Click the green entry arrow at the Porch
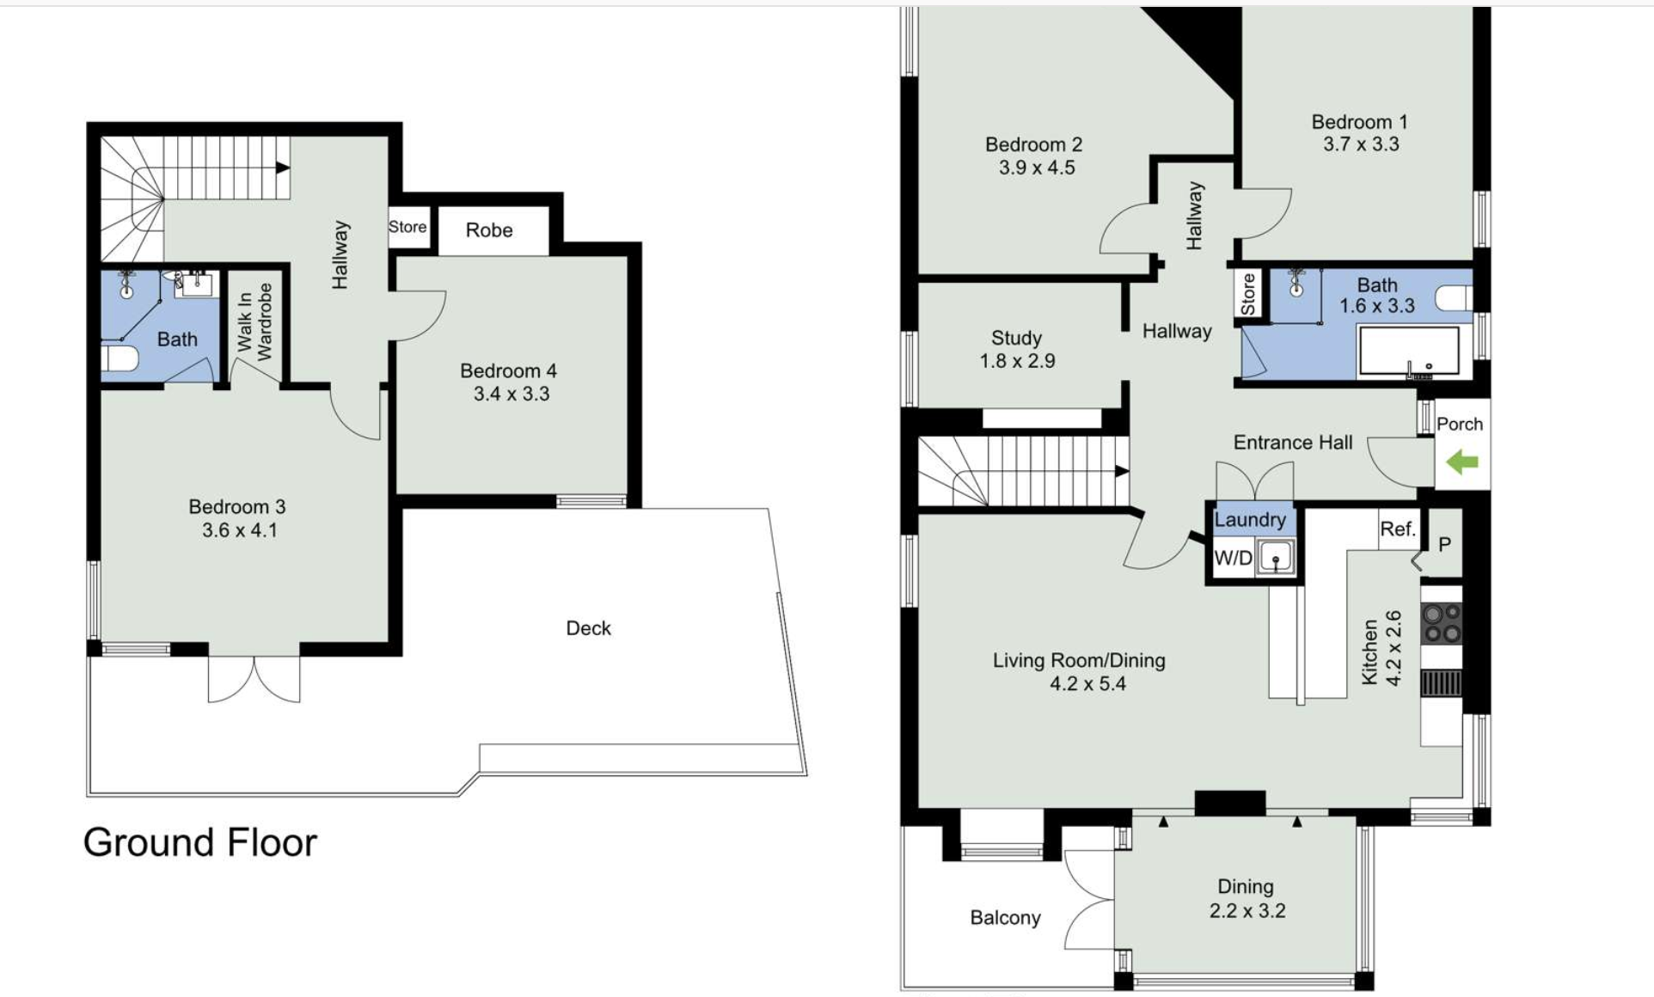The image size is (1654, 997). pyautogui.click(x=1461, y=463)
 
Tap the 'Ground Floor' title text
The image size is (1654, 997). pyautogui.click(x=200, y=842)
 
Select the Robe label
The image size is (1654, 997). pyautogui.click(x=489, y=230)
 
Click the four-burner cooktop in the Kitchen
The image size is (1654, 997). pyautogui.click(x=1442, y=623)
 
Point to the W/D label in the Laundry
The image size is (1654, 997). pyautogui.click(x=1233, y=558)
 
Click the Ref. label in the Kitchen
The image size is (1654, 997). pyautogui.click(x=1398, y=529)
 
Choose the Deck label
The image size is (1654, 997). pyautogui.click(x=588, y=628)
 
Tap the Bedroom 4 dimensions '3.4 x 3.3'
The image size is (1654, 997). pyautogui.click(x=512, y=394)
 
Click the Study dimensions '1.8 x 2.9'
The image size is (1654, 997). pyautogui.click(x=1017, y=361)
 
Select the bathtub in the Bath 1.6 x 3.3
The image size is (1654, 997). pyautogui.click(x=1408, y=351)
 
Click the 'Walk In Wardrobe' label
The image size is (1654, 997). pyautogui.click(x=254, y=322)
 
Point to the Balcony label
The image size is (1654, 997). pyautogui.click(x=1005, y=918)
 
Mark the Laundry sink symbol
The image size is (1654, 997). pyautogui.click(x=1276, y=558)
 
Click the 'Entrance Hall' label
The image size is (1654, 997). pyautogui.click(x=1293, y=443)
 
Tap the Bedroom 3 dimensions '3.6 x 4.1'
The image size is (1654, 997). pyautogui.click(x=240, y=530)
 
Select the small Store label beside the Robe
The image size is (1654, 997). pyautogui.click(x=407, y=227)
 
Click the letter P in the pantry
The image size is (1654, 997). pyautogui.click(x=1444, y=544)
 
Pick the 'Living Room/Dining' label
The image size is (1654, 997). pyautogui.click(x=1079, y=661)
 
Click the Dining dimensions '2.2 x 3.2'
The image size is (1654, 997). pyautogui.click(x=1247, y=911)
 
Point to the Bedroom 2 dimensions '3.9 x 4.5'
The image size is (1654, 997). pyautogui.click(x=1037, y=168)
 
